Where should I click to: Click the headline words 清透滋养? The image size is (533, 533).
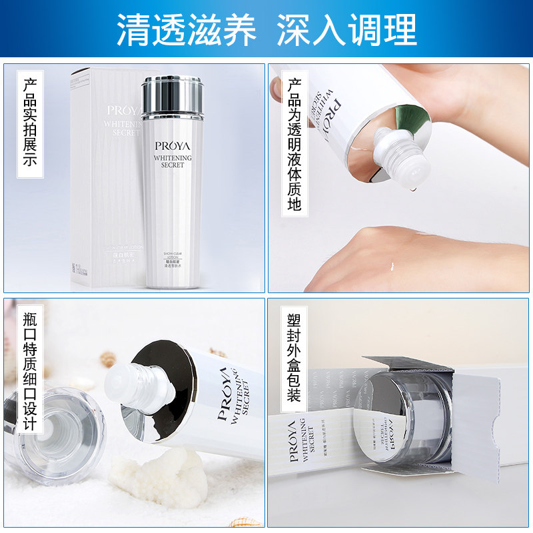pos(187,29)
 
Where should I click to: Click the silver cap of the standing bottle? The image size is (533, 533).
pos(171,93)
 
